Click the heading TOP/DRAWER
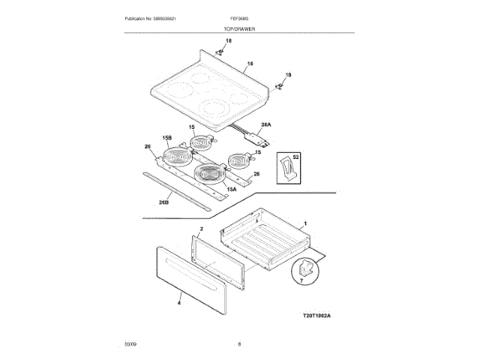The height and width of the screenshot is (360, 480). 240,28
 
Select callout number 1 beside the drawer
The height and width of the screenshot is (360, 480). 304,223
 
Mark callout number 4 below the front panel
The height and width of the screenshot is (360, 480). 179,303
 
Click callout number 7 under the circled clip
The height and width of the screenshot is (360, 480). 301,282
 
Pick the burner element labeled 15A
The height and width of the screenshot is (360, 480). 210,176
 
